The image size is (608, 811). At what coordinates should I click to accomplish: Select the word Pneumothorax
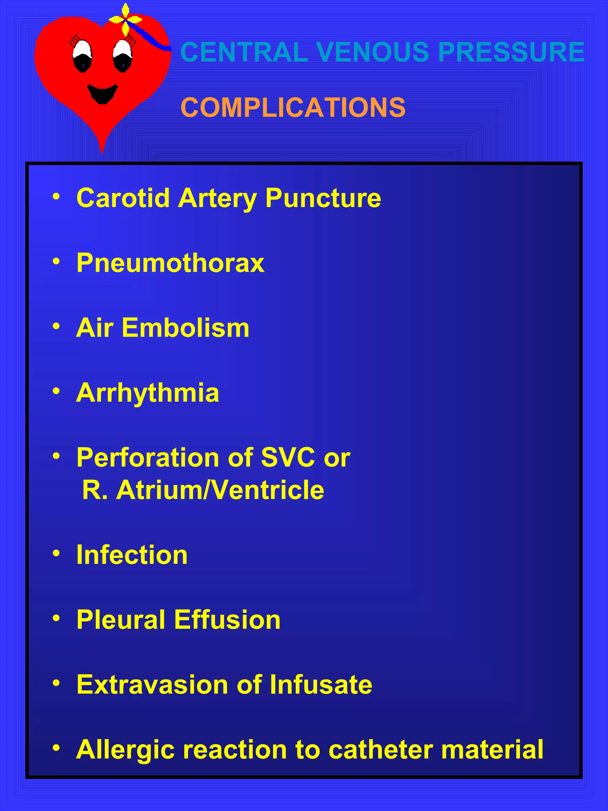pos(170,263)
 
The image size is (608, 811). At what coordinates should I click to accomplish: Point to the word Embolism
pos(186,328)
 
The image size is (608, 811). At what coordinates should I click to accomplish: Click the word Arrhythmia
pos(148,393)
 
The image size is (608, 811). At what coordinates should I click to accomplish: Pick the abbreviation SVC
pos(288,458)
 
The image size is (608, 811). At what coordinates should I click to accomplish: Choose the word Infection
pos(132,555)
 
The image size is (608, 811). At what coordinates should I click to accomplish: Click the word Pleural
pos(121,620)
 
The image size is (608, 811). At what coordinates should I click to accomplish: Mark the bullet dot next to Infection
pos(56,553)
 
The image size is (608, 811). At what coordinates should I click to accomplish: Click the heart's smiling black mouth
pos(102,94)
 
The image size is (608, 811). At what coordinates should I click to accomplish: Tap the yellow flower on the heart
pos(125,19)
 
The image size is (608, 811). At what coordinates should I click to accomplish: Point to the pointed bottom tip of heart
pos(102,150)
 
